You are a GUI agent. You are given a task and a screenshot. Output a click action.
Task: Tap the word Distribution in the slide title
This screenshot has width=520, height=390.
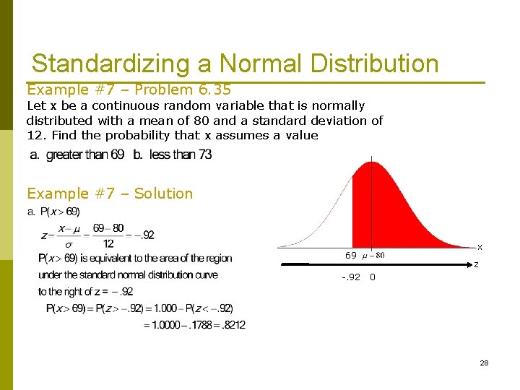click(x=374, y=64)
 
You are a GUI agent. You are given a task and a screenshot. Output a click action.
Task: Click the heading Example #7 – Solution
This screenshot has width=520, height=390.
click(x=110, y=194)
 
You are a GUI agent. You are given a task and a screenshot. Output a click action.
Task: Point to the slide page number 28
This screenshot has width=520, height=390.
click(x=484, y=363)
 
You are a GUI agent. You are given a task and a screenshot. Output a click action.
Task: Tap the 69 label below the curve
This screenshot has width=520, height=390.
click(x=350, y=256)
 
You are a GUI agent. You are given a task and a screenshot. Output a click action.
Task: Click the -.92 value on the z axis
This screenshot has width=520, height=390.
click(x=351, y=277)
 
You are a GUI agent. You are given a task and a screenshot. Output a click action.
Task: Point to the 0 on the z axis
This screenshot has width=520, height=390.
click(x=372, y=277)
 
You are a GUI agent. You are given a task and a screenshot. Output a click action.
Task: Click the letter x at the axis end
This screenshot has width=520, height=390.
click(x=479, y=247)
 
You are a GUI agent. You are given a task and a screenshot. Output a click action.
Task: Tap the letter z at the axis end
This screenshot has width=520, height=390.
click(x=476, y=264)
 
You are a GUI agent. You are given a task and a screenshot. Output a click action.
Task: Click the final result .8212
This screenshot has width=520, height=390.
click(x=232, y=326)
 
